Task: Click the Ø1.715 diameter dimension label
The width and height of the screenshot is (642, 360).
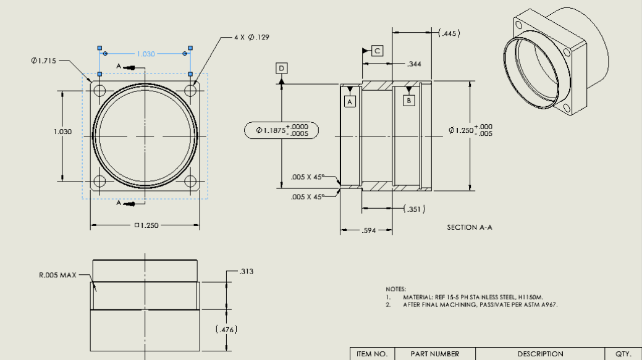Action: pyautogui.click(x=44, y=61)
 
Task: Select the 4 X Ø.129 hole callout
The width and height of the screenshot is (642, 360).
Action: pyautogui.click(x=251, y=38)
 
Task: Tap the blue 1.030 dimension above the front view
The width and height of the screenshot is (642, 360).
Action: pyautogui.click(x=146, y=54)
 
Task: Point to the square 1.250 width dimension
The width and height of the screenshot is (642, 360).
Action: pyautogui.click(x=147, y=225)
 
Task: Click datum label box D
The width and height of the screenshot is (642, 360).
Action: pyautogui.click(x=282, y=68)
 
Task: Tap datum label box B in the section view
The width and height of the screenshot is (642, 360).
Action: pyautogui.click(x=408, y=99)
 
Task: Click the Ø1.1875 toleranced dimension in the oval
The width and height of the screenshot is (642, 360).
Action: pyautogui.click(x=282, y=130)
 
